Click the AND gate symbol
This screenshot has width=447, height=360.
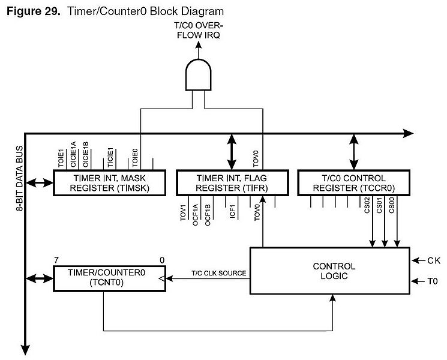tap(199, 74)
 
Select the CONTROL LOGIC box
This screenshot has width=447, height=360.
tap(330, 271)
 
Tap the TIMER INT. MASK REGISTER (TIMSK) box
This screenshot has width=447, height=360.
tap(109, 183)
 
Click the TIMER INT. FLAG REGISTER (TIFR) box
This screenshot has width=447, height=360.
tap(232, 183)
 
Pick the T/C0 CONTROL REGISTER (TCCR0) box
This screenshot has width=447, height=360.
tap(354, 183)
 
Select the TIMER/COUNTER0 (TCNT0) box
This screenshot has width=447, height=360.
tap(109, 278)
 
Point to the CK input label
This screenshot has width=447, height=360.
tap(434, 260)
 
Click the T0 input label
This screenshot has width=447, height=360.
tap(433, 281)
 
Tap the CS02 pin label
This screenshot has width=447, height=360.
tap(367, 205)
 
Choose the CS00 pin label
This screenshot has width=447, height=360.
tap(391, 205)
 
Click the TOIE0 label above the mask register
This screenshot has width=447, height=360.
tap(135, 158)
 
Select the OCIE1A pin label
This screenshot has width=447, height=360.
tap(73, 154)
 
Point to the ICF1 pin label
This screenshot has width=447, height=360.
tap(233, 211)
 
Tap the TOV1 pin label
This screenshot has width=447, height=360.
tap(183, 212)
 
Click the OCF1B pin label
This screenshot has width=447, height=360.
tap(208, 215)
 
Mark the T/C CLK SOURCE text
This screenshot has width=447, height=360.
tap(218, 273)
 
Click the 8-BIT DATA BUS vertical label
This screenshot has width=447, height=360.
tap(19, 178)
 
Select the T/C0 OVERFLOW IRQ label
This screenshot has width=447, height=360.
tap(199, 30)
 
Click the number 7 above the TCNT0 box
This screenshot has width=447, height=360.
tap(56, 260)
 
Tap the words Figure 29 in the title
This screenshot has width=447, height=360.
tap(34, 11)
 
